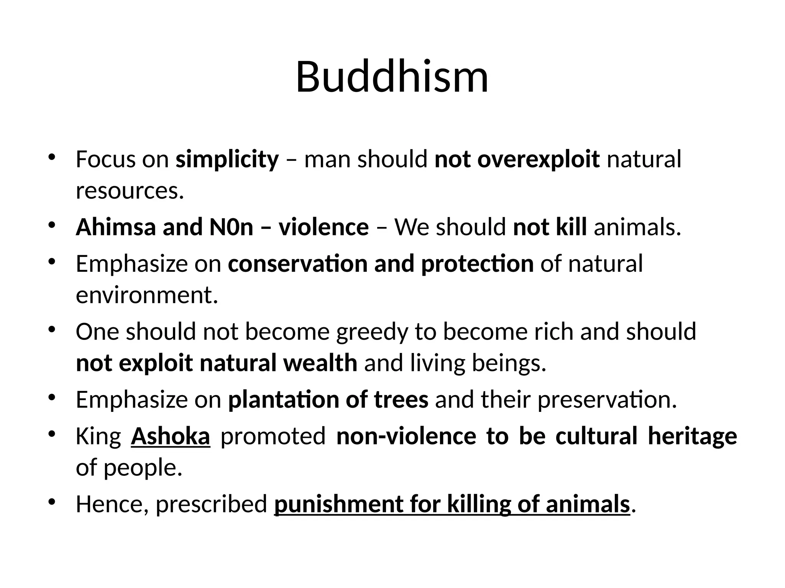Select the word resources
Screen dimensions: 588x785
130,191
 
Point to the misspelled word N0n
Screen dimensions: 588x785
232,227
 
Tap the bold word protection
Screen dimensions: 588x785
477,264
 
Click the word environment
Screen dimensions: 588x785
146,295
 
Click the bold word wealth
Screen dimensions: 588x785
320,363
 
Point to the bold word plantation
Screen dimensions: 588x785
283,399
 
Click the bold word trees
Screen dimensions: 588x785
401,399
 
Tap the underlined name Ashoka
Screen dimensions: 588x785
170,436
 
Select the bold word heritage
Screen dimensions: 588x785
692,436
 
